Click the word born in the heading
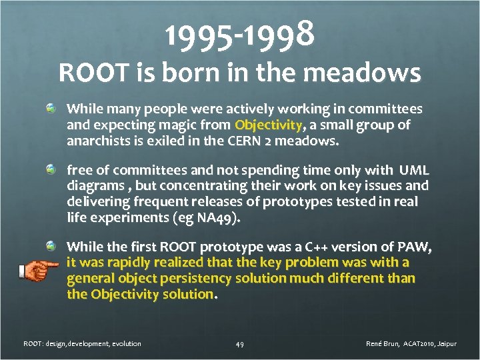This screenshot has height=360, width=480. (176, 73)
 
